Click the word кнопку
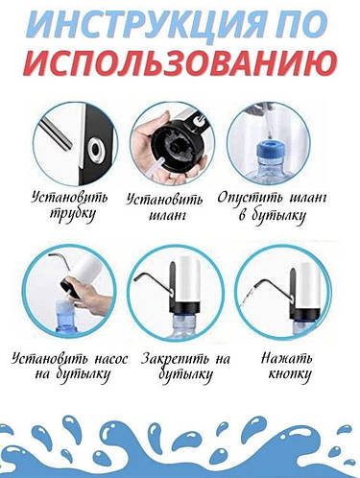[x=288, y=378]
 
